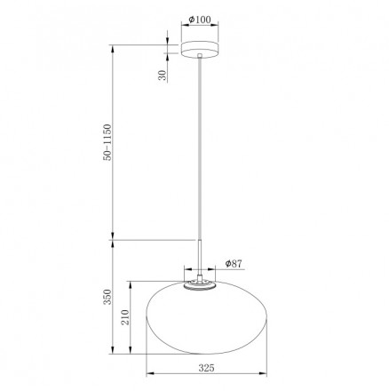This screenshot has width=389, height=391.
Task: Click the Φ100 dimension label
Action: pos(200,20)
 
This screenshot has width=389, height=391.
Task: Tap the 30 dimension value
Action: pos(163,76)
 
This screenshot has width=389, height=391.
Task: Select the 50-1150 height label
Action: pos(107,142)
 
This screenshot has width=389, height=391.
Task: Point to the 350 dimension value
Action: pos(107,297)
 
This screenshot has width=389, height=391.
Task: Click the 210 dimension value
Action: pos(125,317)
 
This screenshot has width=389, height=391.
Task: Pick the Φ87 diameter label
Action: pos(234,263)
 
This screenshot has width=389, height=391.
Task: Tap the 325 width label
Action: pos(206,368)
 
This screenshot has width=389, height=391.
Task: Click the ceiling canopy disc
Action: pos(200,50)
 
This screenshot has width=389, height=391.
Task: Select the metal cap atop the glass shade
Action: pos(199,285)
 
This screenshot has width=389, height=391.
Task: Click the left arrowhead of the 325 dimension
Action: pos(150,374)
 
